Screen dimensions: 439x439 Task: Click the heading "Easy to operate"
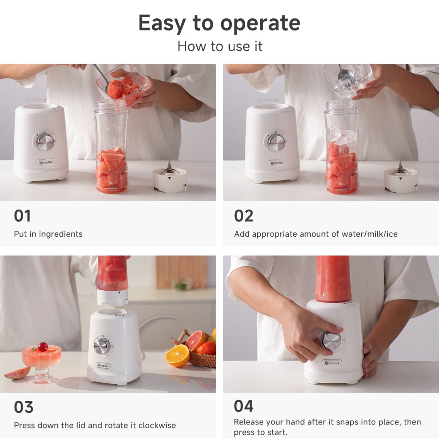click(x=219, y=24)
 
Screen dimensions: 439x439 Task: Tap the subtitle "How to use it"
click(x=220, y=46)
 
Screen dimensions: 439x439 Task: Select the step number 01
click(x=22, y=216)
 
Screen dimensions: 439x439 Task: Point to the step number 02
click(x=244, y=216)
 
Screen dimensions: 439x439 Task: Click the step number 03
click(x=24, y=407)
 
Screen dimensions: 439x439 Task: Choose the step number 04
click(x=244, y=406)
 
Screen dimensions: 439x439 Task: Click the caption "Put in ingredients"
click(x=48, y=234)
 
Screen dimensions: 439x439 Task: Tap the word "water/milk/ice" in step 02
click(x=369, y=234)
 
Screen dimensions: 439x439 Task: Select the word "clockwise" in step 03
click(x=157, y=425)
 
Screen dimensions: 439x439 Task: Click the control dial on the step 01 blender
click(x=45, y=141)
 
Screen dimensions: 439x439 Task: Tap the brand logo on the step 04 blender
click(x=332, y=363)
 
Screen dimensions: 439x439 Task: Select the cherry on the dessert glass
click(x=43, y=347)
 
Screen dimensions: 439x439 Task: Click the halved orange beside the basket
click(x=177, y=355)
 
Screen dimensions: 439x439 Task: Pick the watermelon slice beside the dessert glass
click(x=18, y=373)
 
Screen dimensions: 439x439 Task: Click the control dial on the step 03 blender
click(x=102, y=346)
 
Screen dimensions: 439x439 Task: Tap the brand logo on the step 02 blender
click(x=277, y=162)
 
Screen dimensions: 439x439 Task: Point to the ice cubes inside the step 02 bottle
click(x=341, y=136)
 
